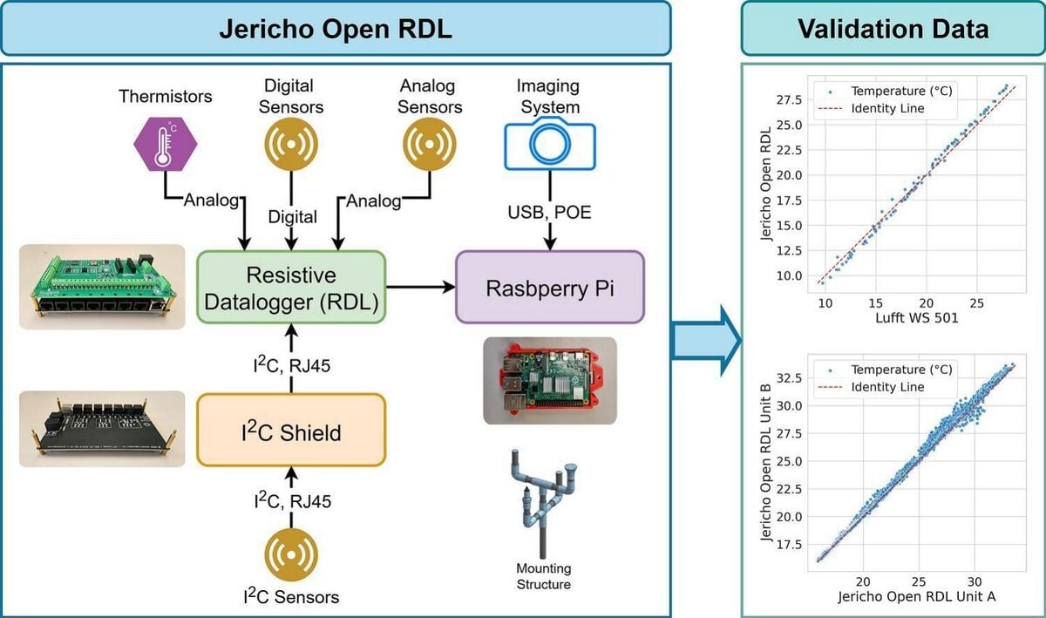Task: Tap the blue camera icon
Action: (549, 145)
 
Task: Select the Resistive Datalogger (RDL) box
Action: (290, 287)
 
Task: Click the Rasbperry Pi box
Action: (549, 288)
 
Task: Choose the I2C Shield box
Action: (290, 431)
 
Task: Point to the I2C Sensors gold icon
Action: (290, 554)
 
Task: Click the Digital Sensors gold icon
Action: (292, 143)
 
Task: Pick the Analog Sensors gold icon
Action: (429, 143)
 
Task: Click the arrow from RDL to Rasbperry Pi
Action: (420, 287)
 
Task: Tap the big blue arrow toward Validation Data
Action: (705, 339)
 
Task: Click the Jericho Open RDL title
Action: (336, 29)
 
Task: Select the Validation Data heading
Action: (893, 29)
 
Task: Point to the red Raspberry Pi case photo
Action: (549, 380)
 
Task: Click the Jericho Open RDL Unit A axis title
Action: (916, 597)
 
